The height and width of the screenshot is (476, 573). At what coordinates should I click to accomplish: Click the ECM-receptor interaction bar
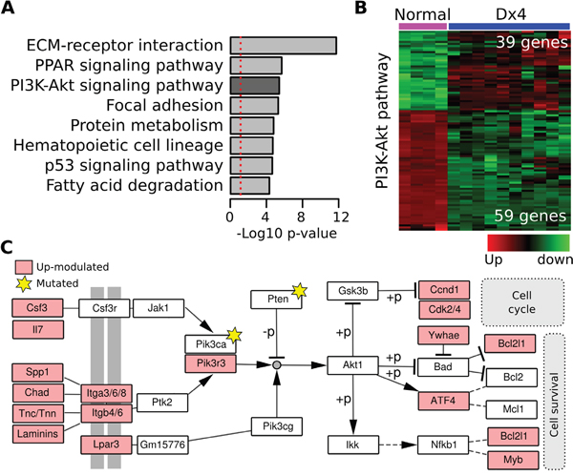(284, 46)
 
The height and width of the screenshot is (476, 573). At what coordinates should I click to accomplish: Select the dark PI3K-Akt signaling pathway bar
(255, 86)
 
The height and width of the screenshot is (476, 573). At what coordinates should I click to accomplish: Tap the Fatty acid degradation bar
(250, 185)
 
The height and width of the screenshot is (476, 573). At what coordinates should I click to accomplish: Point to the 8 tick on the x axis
(301, 217)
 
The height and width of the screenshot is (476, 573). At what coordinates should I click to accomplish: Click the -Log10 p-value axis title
(286, 234)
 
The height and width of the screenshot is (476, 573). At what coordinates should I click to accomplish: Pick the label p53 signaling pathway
(134, 166)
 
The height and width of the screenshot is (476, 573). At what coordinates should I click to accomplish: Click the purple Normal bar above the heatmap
(423, 27)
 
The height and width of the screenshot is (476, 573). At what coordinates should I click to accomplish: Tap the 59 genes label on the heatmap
(531, 216)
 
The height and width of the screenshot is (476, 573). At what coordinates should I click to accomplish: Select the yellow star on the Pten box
(299, 291)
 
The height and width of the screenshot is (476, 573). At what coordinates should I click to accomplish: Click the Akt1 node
(352, 365)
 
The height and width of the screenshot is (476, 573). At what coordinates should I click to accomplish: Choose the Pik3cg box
(277, 426)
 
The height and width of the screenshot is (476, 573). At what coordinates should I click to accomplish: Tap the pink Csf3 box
(37, 308)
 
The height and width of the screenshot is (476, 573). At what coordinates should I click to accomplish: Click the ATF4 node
(443, 401)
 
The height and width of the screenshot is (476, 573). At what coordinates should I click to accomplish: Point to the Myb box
(513, 460)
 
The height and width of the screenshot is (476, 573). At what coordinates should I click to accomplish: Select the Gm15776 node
(162, 445)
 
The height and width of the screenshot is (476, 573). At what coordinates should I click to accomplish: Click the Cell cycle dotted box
(522, 302)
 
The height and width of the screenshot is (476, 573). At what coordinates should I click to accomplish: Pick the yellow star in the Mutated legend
(24, 284)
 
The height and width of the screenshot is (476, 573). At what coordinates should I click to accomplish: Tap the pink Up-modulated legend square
(24, 267)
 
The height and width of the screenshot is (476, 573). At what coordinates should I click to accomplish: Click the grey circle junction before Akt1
(277, 364)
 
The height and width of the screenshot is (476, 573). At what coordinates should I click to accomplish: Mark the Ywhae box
(443, 335)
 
